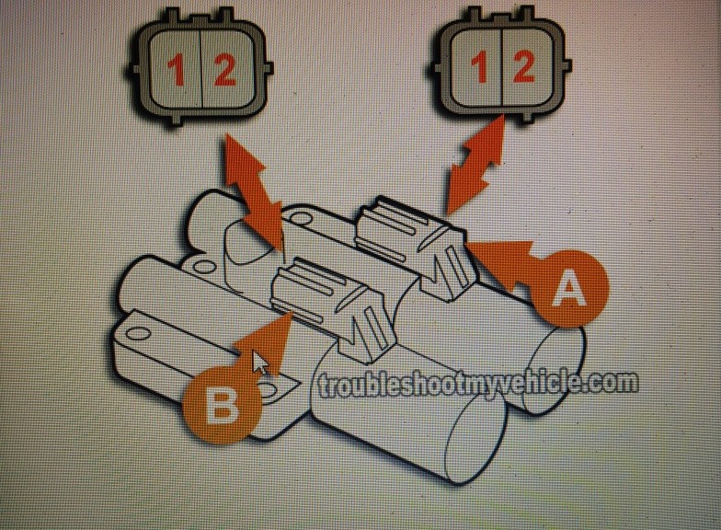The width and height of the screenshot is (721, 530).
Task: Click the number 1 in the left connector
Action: point(177,69)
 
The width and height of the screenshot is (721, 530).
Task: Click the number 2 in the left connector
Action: point(224,69)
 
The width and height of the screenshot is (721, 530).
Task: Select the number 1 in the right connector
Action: point(480,66)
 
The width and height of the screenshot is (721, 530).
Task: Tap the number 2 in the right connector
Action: point(523,66)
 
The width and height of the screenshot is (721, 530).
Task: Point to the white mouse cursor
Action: point(260,363)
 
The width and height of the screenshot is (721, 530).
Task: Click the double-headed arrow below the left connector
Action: point(254,192)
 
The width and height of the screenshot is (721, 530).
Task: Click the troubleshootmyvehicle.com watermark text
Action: point(478,385)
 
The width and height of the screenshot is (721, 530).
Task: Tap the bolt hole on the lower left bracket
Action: point(138,333)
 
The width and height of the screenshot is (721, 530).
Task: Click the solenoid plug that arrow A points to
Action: point(416,248)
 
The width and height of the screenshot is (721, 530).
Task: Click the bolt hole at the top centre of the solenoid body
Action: point(300,214)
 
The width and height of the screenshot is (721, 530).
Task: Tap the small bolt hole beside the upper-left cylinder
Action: point(200,266)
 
